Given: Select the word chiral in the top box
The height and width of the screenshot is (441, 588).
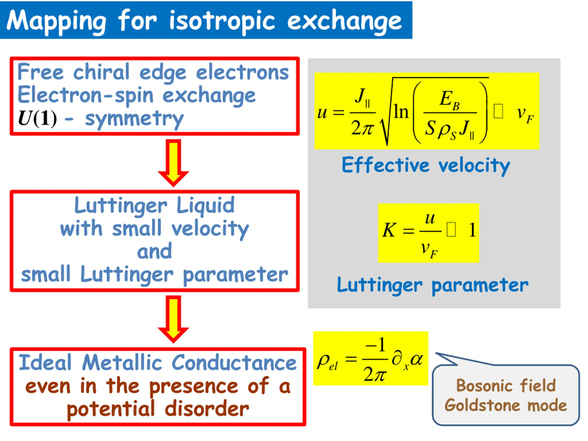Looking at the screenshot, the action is tap(101, 72).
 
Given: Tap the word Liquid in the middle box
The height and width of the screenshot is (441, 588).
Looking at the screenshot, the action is tap(205, 205).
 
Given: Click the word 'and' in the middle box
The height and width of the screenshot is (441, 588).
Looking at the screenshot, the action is tap(154, 251).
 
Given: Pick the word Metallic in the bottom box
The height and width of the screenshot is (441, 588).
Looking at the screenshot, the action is tap(122, 363).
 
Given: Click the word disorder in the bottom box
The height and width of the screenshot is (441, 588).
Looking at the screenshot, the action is tap(207, 409).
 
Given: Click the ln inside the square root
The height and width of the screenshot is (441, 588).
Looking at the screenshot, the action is tap(401, 112).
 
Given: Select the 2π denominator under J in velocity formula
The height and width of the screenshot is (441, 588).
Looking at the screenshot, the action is tap(362, 128).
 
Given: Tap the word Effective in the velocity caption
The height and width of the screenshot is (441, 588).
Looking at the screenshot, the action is tap(385, 165).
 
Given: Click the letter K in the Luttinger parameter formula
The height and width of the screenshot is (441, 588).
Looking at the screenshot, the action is tap(389, 230).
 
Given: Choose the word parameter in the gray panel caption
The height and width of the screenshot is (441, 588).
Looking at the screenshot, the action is tap(480, 286).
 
